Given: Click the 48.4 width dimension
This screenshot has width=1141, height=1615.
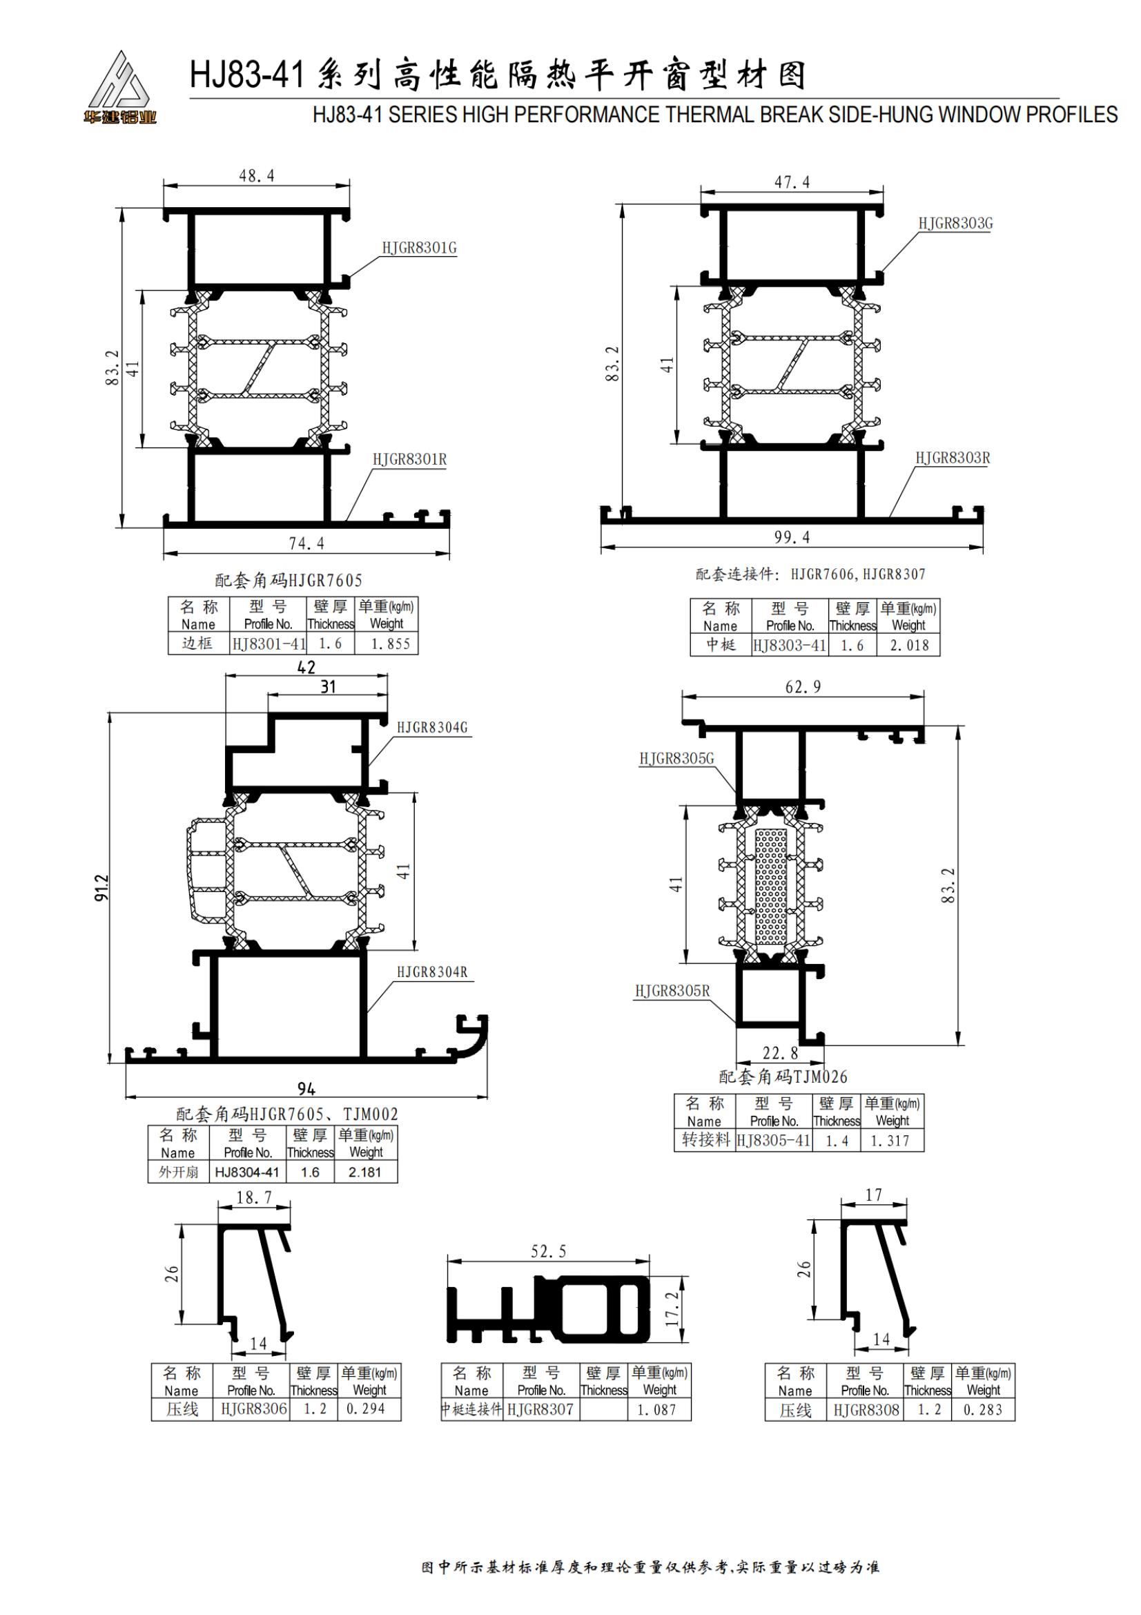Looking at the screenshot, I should click(257, 175).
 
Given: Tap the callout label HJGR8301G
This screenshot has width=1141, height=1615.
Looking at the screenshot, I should click(419, 248).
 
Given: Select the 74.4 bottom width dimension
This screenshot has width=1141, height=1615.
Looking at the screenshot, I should click(306, 543).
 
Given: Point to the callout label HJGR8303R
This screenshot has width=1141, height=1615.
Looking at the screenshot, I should click(952, 458).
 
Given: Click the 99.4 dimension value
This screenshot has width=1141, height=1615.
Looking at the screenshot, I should click(792, 537).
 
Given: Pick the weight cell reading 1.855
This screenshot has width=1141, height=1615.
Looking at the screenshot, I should click(390, 644).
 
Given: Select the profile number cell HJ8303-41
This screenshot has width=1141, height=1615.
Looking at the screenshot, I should click(789, 645).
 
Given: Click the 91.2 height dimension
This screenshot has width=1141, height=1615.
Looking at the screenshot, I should click(102, 888).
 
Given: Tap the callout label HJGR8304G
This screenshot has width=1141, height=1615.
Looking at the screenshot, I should click(431, 727).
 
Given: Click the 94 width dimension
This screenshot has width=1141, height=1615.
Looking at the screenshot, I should click(306, 1089).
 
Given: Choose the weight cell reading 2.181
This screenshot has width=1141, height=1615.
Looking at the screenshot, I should click(365, 1172).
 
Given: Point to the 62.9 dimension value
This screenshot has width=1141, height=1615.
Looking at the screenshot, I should click(803, 686).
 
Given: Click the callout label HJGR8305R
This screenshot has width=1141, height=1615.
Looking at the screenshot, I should click(672, 991).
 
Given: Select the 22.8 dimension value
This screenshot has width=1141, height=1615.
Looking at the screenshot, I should click(781, 1053).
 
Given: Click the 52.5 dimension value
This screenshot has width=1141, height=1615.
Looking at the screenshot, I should click(547, 1251).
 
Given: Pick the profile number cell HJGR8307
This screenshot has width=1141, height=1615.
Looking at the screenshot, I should click(540, 1410).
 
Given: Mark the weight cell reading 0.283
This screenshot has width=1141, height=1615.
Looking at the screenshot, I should click(983, 1410).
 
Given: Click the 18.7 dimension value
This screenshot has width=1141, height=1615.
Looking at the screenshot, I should click(254, 1197).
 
